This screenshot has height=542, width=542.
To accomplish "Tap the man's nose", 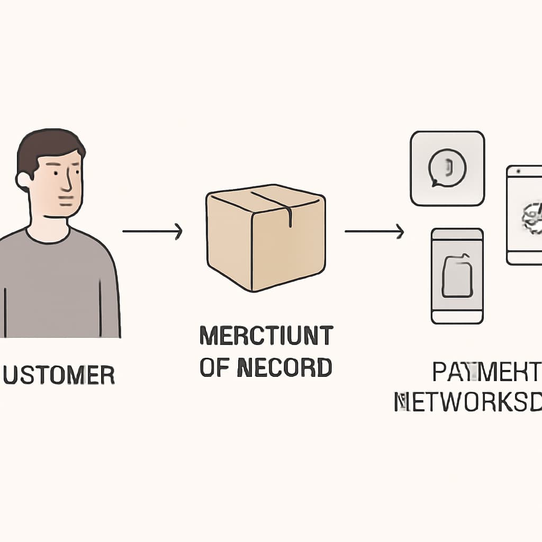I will click(x=68, y=183).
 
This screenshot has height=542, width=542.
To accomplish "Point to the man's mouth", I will click(x=66, y=201).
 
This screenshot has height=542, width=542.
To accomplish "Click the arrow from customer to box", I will click(x=152, y=231).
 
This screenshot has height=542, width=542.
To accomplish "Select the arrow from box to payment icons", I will click(x=374, y=231).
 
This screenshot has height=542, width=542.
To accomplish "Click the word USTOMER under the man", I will click(x=59, y=375).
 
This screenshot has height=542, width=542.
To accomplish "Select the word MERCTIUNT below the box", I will click(x=266, y=336).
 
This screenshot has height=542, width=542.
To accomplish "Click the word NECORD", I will click(x=284, y=367).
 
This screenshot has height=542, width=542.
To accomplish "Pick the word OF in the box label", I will click(x=214, y=367).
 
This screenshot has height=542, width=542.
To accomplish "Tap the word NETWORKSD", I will click(x=468, y=402).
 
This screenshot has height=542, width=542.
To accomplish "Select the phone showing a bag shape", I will click(x=457, y=276).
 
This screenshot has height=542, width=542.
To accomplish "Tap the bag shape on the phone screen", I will click(x=457, y=276).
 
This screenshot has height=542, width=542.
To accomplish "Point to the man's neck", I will click(x=49, y=222).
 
